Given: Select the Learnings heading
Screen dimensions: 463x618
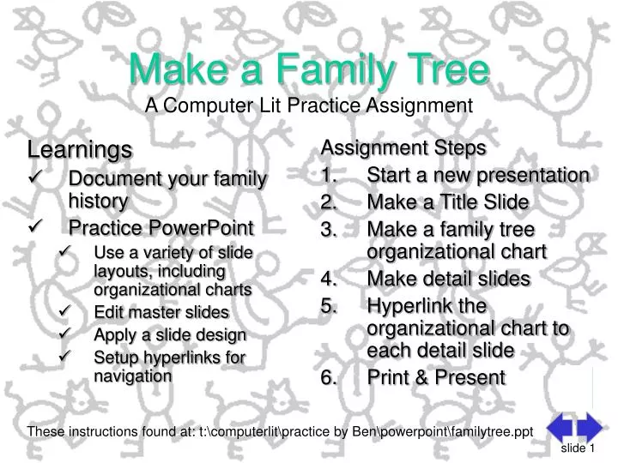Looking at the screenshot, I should point(80,150).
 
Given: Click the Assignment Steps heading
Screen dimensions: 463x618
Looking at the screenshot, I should point(403,147).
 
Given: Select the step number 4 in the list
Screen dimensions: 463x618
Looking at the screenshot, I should point(327,280).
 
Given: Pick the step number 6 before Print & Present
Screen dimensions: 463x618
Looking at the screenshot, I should point(327,378).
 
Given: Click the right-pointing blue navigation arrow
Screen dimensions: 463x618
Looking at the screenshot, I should point(590,428).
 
